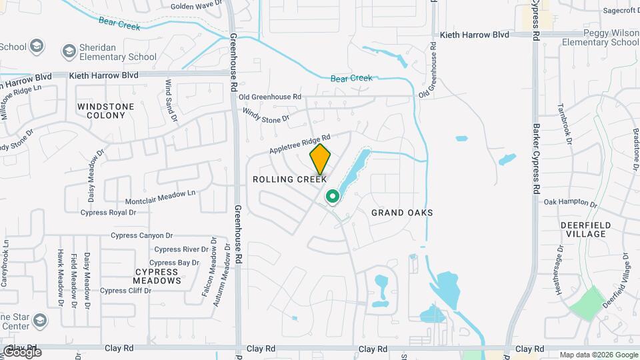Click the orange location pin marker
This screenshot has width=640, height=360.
click(x=320, y=159)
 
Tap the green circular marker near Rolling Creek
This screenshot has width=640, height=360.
click(x=332, y=197)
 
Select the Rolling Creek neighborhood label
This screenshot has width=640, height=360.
click(x=289, y=179)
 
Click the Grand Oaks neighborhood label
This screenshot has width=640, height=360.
click(x=402, y=213)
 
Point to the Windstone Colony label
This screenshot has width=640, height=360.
click(x=105, y=111)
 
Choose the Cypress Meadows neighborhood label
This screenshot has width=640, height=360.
click(x=157, y=276)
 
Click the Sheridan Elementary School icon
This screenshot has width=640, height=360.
click(x=69, y=51)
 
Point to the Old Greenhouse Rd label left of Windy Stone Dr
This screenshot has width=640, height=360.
click(x=270, y=97)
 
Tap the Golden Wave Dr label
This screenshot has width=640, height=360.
click(x=195, y=6)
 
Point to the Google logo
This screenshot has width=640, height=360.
click(x=21, y=352)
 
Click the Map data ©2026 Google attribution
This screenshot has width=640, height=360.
click(x=599, y=355)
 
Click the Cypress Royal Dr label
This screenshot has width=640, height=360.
click(x=108, y=213)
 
